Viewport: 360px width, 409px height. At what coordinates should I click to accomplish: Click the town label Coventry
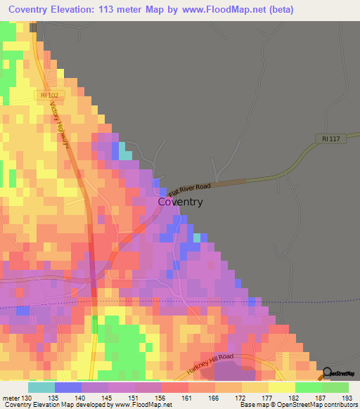pos(180,202)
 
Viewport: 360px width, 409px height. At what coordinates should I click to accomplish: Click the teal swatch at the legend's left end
pos(41,387)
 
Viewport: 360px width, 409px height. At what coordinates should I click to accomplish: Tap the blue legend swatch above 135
pos(67,387)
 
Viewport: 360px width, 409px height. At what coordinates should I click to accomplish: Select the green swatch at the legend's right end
pos(335,387)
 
